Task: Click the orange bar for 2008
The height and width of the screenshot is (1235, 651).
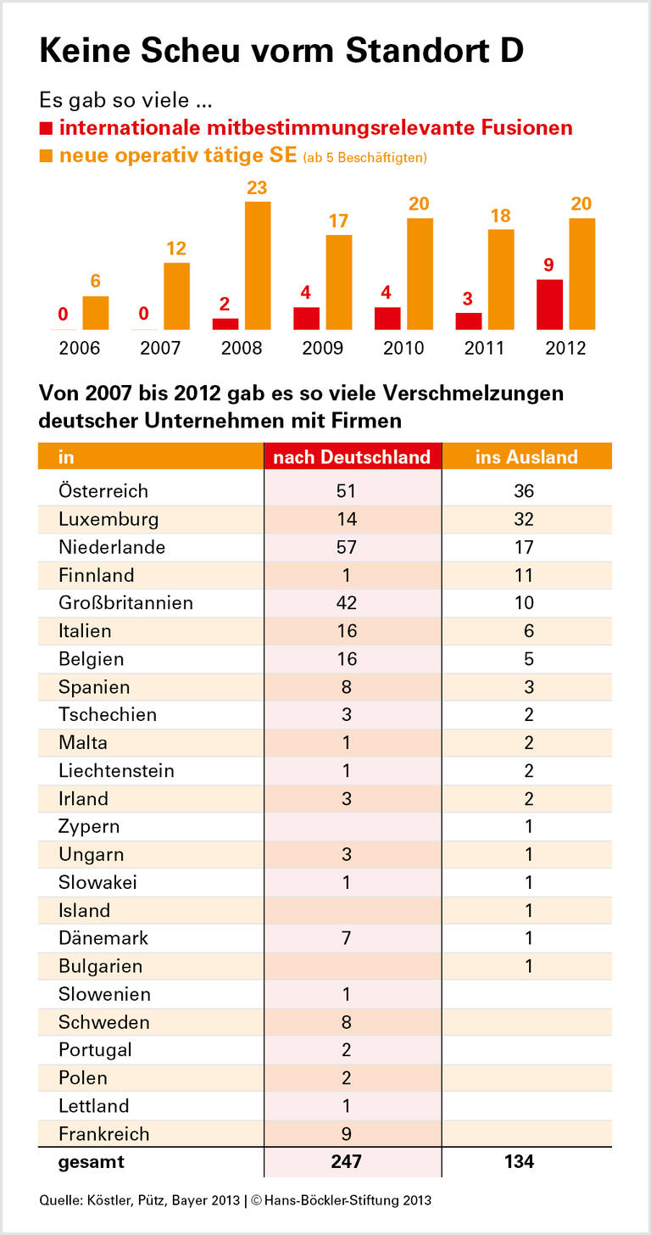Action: pyautogui.click(x=258, y=265)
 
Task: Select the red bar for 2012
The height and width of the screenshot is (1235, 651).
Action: pyautogui.click(x=549, y=305)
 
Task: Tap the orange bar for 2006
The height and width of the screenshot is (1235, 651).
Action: pyautogui.click(x=96, y=313)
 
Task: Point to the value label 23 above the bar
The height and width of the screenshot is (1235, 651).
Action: pyautogui.click(x=257, y=187)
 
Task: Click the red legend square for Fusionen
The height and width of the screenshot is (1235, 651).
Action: pyautogui.click(x=46, y=129)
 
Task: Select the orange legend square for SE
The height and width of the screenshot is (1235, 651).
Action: pyautogui.click(x=46, y=156)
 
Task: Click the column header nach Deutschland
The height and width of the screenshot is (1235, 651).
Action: pyautogui.click(x=352, y=456)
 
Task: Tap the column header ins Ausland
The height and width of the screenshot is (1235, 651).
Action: pyautogui.click(x=526, y=456)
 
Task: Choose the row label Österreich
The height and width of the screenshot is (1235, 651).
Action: pyautogui.click(x=103, y=491)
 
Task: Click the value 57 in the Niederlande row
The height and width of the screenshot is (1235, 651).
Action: pyautogui.click(x=346, y=547)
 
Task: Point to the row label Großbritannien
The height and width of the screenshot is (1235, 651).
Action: pyautogui.click(x=125, y=603)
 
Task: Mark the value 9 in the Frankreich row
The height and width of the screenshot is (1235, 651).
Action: pyautogui.click(x=346, y=1134)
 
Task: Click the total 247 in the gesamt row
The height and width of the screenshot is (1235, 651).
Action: pyautogui.click(x=346, y=1162)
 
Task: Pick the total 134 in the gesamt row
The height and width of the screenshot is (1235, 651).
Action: pyautogui.click(x=519, y=1162)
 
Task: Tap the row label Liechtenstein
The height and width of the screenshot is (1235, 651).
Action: pyautogui.click(x=116, y=771)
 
